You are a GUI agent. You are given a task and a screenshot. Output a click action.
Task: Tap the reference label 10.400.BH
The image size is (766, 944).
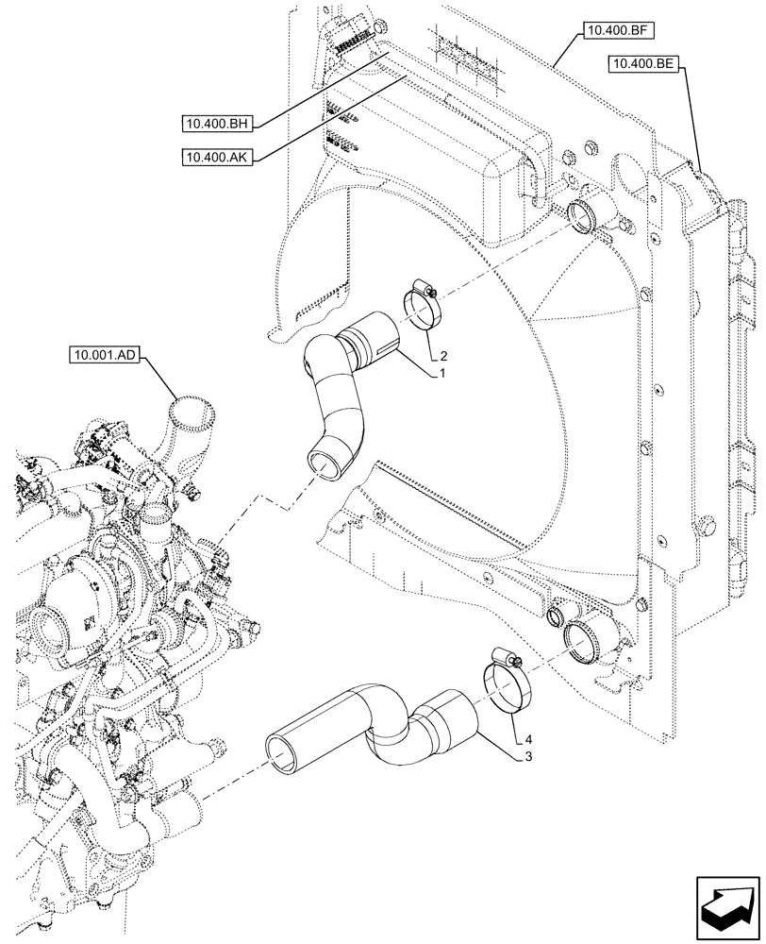point(218,123)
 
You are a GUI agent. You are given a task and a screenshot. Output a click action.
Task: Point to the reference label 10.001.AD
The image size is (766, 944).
point(105,356)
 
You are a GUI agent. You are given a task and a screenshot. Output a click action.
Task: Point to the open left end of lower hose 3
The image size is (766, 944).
point(281,750)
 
